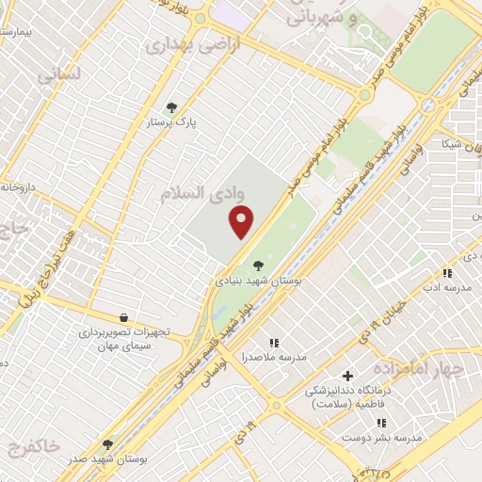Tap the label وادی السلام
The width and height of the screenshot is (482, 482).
point(200,193)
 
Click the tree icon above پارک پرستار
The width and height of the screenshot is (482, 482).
point(170,107)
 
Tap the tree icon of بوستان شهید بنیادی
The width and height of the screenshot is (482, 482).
point(259,265)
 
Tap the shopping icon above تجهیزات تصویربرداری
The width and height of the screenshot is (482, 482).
point(123,318)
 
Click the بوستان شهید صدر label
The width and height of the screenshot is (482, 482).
point(105,459)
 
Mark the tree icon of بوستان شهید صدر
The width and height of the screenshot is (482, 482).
point(105,442)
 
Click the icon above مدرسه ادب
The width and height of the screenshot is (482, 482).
point(448,273)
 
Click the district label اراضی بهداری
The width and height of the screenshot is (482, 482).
point(192,43)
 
